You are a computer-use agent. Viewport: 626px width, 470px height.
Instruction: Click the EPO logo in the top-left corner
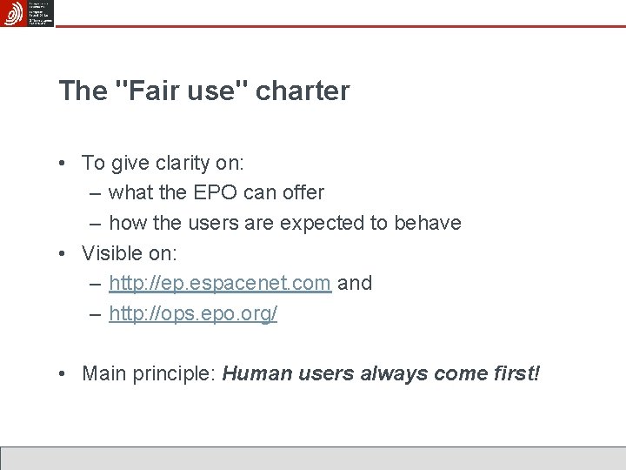click(x=14, y=13)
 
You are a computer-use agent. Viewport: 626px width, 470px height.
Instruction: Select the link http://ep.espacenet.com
click(x=220, y=283)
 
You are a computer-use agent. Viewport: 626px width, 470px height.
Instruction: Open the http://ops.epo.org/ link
click(x=193, y=313)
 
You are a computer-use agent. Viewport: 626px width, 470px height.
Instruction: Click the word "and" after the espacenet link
click(x=355, y=283)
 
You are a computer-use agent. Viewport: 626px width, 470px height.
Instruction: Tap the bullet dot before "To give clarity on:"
click(x=64, y=163)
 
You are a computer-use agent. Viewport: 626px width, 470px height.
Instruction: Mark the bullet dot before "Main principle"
click(x=64, y=375)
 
